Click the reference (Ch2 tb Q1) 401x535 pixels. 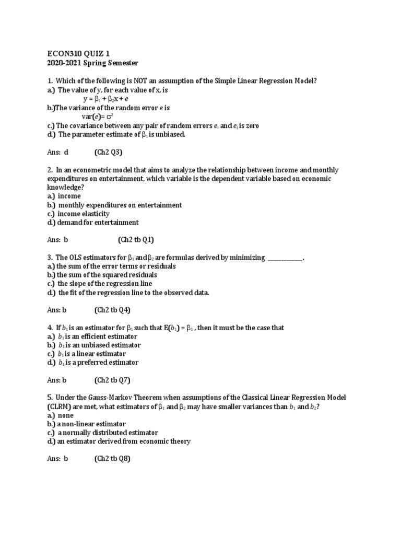[136, 240]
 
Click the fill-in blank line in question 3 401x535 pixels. [285, 258]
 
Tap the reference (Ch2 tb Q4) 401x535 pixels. [112, 310]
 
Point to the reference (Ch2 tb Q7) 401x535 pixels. [112, 380]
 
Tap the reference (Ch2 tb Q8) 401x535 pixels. [112, 459]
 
